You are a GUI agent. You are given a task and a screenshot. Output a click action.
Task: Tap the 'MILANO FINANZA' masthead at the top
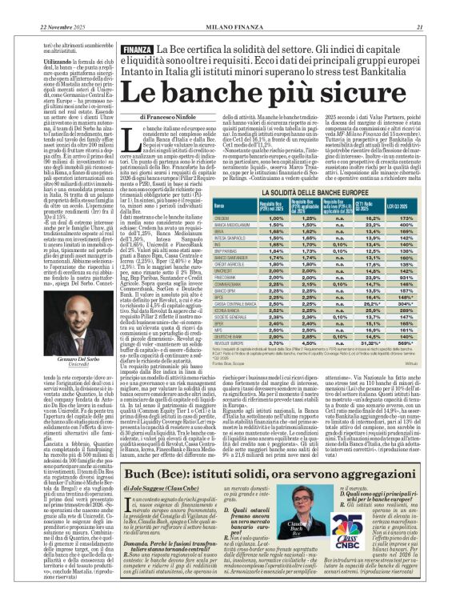[x=232, y=6]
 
